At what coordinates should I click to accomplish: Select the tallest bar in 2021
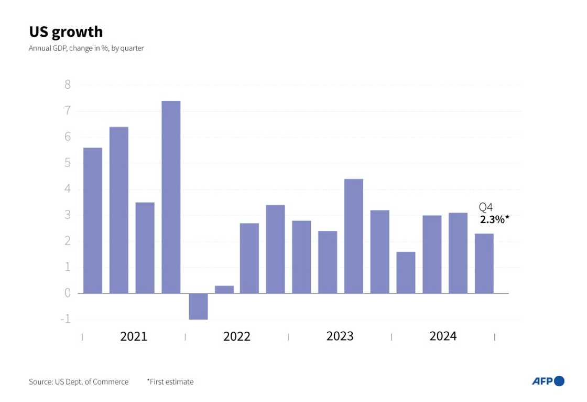[x=171, y=197]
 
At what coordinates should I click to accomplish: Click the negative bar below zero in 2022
[x=198, y=306]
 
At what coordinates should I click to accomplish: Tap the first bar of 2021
[x=93, y=220]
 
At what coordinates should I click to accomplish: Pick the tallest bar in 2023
[x=354, y=236]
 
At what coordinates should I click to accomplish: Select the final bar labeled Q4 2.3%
[x=484, y=263]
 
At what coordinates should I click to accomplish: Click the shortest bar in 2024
[x=406, y=273]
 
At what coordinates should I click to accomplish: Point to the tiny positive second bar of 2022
[x=224, y=290]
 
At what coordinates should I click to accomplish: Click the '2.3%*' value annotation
[x=494, y=219]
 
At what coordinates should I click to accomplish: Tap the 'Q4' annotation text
[x=486, y=207]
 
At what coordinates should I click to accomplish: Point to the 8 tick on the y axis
[x=68, y=84]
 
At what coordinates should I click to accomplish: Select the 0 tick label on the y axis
[x=68, y=293]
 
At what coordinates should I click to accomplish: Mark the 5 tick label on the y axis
[x=68, y=163]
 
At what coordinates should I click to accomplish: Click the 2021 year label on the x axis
[x=134, y=336]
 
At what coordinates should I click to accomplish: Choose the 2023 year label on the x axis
[x=340, y=336]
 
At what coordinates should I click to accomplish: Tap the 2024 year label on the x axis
[x=443, y=336]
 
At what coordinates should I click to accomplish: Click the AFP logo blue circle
[x=559, y=381]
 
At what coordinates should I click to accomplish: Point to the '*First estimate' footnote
[x=170, y=382]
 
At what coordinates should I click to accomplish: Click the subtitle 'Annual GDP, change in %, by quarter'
[x=86, y=48]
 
